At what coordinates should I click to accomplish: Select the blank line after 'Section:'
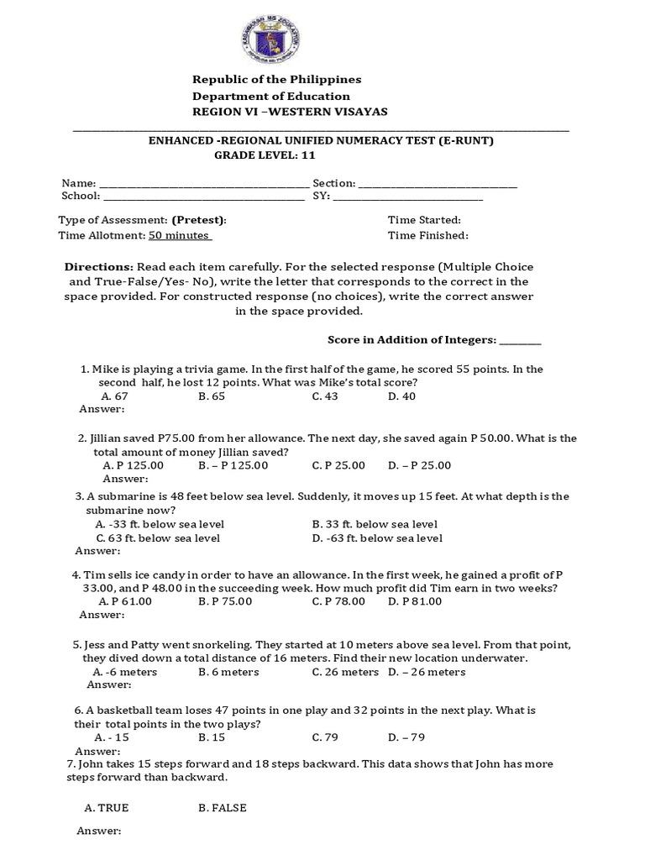438,184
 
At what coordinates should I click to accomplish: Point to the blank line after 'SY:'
408,197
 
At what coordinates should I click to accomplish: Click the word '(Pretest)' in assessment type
199,220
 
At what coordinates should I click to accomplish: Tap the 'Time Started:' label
424,220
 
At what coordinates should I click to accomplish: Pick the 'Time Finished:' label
428,236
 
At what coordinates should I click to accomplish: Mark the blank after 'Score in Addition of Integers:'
521,341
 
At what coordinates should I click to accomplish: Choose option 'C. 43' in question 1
325,396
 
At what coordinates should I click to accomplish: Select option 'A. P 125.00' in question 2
133,465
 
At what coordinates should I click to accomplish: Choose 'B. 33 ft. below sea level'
375,524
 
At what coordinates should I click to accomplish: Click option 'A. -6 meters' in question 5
123,672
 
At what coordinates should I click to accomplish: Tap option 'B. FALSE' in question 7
223,808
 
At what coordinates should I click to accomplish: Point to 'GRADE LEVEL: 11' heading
265,155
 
